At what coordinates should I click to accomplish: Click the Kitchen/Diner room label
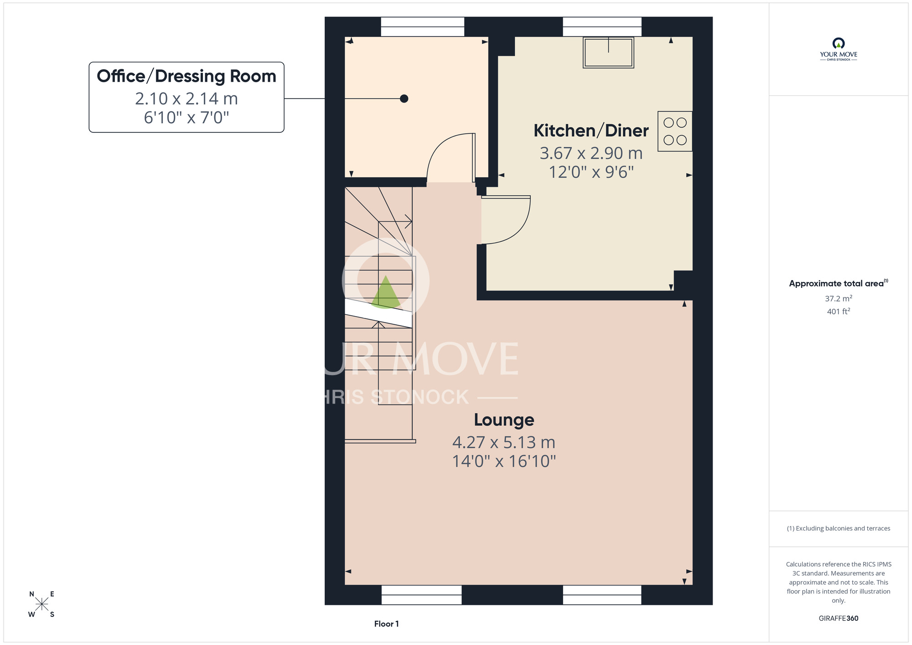click(x=591, y=131)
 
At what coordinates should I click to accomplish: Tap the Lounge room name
click(x=504, y=420)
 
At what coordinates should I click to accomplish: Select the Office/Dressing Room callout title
click(x=187, y=76)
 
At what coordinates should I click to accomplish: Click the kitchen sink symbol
click(x=608, y=52)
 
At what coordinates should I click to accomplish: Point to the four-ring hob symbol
click(x=675, y=131)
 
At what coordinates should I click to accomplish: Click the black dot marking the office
click(x=404, y=99)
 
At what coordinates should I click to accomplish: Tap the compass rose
click(x=41, y=604)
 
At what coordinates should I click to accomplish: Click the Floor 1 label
click(x=386, y=624)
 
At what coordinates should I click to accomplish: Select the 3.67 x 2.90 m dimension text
click(x=591, y=153)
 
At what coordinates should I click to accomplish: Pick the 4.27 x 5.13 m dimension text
click(x=504, y=442)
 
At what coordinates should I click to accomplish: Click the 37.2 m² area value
click(x=839, y=298)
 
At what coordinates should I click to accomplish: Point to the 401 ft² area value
click(x=839, y=311)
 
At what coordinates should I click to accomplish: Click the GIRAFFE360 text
click(x=839, y=619)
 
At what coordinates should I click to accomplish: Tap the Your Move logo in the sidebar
click(x=839, y=49)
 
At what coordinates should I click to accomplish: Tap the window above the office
click(x=423, y=26)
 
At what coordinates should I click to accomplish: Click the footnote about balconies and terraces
click(x=839, y=528)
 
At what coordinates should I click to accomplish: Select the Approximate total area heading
click(x=839, y=283)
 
